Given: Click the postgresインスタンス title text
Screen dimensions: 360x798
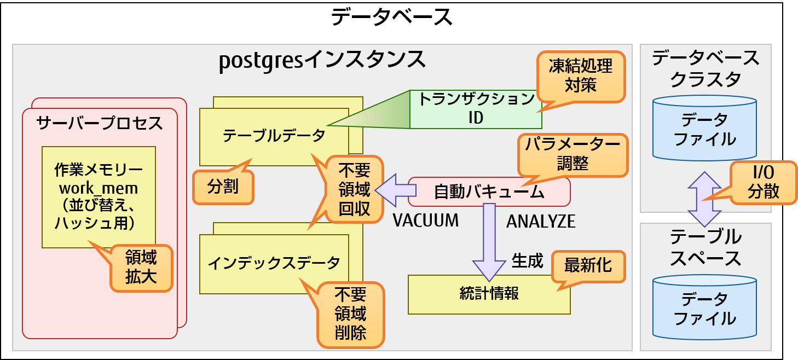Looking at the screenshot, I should [x=322, y=60].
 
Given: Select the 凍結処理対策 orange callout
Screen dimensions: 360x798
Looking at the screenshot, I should [x=581, y=76].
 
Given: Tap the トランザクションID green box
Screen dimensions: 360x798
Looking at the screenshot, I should [x=476, y=109].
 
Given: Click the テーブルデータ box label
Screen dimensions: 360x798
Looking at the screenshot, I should [x=274, y=136].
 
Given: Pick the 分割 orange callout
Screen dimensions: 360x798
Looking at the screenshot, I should [x=223, y=187].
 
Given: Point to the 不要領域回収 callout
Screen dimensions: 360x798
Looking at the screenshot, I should [x=354, y=190].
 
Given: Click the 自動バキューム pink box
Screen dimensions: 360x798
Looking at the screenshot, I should [x=489, y=192].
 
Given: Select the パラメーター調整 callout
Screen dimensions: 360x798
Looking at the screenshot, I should [x=573, y=154].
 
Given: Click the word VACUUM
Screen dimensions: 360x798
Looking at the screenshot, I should [x=426, y=220].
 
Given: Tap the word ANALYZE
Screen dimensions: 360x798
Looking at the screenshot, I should [x=540, y=221].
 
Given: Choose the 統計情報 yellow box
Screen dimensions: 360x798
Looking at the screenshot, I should [x=489, y=294].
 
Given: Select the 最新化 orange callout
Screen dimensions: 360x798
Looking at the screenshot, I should [x=588, y=266].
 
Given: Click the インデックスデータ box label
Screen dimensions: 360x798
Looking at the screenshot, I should [x=274, y=263].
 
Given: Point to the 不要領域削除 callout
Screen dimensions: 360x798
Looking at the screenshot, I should [x=351, y=314].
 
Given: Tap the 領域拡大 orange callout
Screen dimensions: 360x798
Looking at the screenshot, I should [x=141, y=267].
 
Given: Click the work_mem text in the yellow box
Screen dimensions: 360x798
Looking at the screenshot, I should [x=98, y=189].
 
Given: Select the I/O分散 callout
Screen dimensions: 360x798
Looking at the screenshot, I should [x=761, y=183].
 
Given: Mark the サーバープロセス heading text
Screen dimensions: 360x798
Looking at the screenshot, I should [x=100, y=123].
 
